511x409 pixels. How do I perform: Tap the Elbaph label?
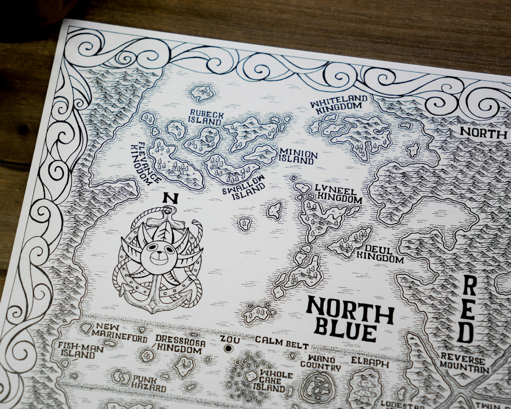pos(369,363)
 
